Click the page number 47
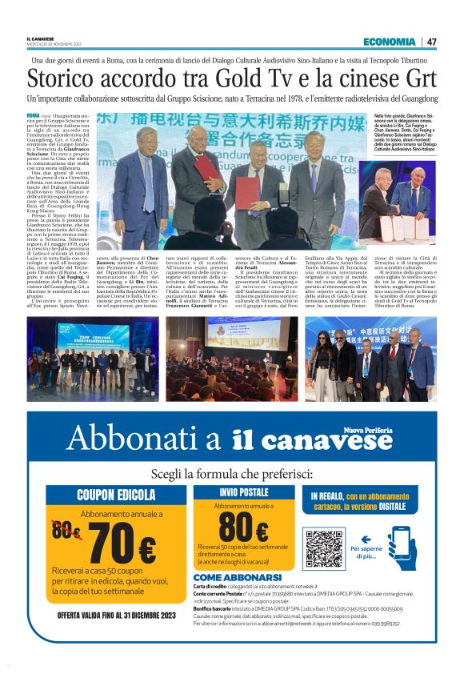(431, 42)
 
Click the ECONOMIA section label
(389, 42)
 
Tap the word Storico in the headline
(61, 80)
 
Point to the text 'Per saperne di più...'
(367, 552)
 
